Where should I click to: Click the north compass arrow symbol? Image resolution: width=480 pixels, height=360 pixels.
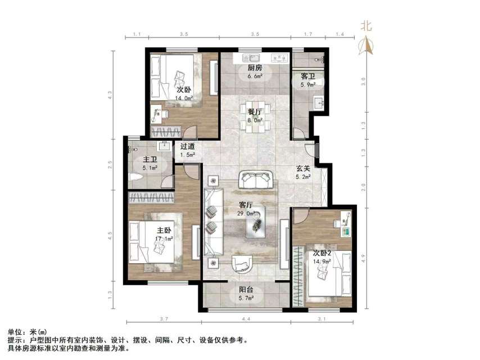pyautogui.click(x=366, y=46)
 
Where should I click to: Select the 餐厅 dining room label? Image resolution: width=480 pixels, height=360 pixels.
pyautogui.click(x=255, y=111)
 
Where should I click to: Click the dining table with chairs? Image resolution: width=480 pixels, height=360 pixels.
pyautogui.click(x=256, y=118)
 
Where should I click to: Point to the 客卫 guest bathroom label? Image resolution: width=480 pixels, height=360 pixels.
pyautogui.click(x=308, y=76)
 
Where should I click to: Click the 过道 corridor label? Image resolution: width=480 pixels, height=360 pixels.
pyautogui.click(x=188, y=147)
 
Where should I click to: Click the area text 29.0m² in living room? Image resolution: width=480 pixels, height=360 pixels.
pyautogui.click(x=247, y=213)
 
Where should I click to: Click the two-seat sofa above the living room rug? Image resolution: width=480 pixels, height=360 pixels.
pyautogui.click(x=256, y=180)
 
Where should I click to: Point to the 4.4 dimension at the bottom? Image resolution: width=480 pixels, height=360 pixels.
pyautogui.click(x=246, y=320)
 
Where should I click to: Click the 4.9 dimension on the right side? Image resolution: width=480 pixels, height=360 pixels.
pyautogui.click(x=364, y=258)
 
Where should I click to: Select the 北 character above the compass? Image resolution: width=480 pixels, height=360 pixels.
pyautogui.click(x=366, y=25)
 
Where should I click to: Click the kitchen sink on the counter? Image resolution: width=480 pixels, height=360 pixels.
pyautogui.click(x=251, y=57)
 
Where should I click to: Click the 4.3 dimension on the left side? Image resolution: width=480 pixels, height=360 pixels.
pyautogui.click(x=110, y=94)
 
